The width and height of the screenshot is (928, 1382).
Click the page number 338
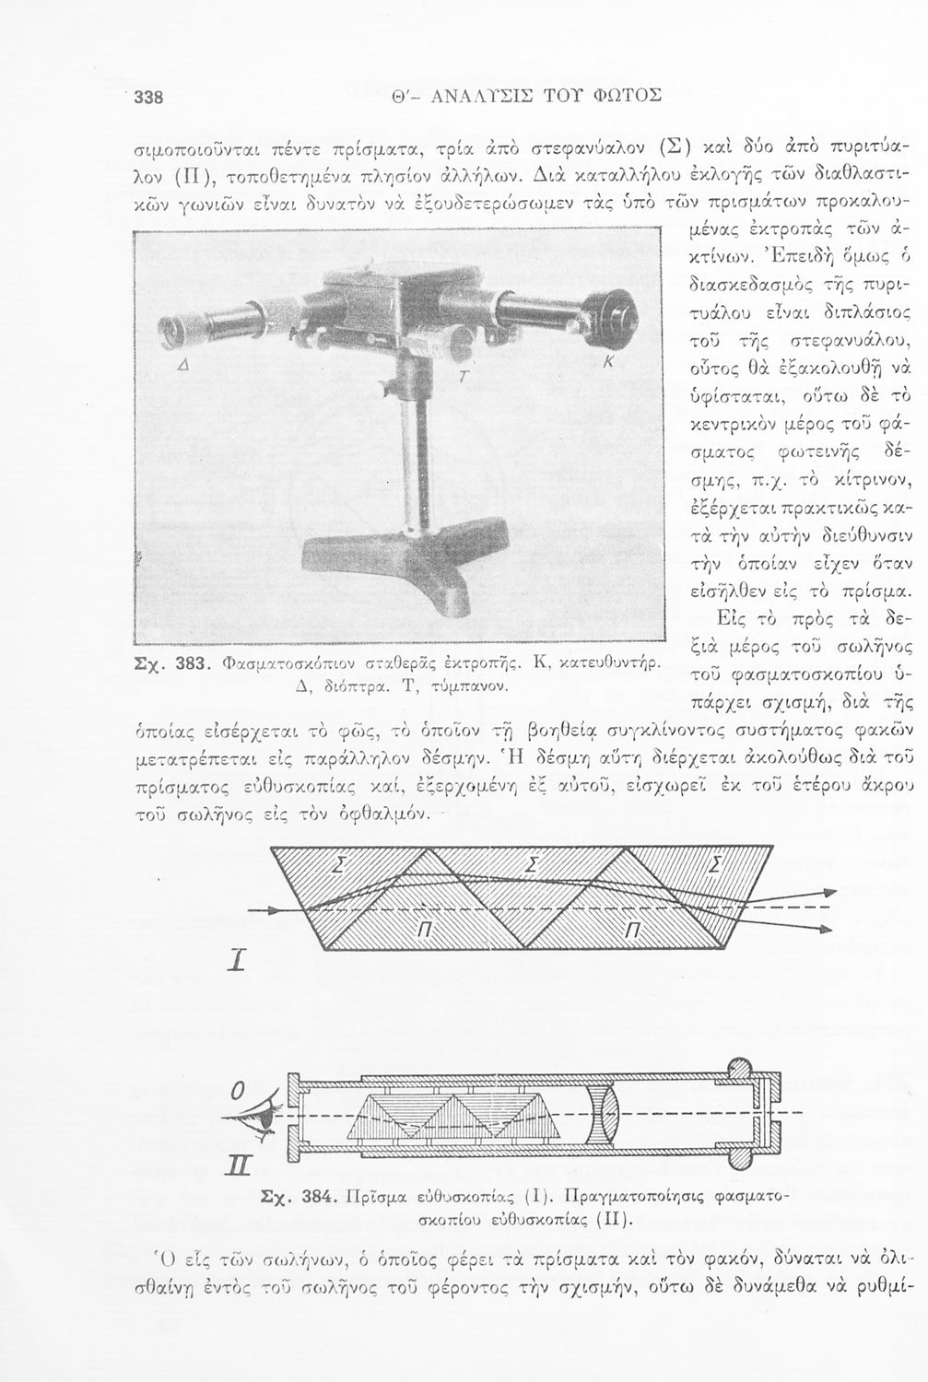pyautogui.click(x=147, y=97)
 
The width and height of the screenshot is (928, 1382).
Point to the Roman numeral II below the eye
pyautogui.click(x=239, y=1178)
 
